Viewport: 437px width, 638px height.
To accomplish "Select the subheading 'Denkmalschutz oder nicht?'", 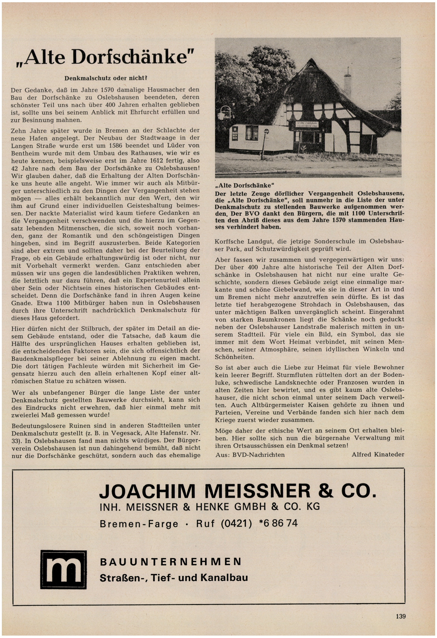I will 106,78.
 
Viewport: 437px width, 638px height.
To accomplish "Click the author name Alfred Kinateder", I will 378,454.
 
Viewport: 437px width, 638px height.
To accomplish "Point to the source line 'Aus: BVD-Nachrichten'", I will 250,455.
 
